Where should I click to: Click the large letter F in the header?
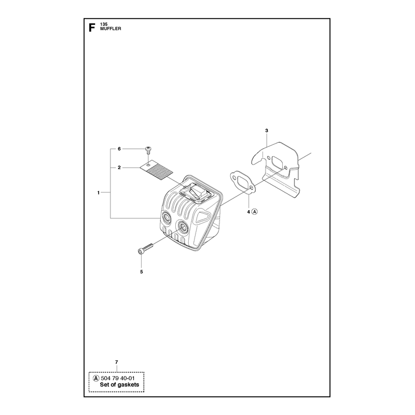(92, 27)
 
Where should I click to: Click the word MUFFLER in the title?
(110, 29)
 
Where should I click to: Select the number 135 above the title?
(104, 24)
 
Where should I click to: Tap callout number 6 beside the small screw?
(119, 149)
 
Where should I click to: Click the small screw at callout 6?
(148, 150)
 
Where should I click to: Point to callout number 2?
(119, 168)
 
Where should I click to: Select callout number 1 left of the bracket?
(99, 192)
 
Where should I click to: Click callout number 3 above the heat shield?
(267, 131)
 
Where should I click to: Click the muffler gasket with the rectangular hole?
(243, 183)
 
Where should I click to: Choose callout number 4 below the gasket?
(248, 212)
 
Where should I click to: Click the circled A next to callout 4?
(255, 212)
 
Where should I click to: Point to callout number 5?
(141, 272)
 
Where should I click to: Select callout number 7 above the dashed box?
(116, 362)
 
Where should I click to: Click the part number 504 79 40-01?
(118, 379)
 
